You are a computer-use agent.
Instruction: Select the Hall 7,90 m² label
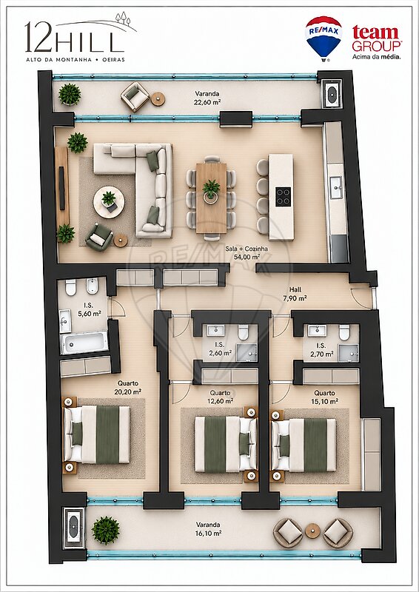295,294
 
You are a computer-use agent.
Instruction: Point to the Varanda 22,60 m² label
207,98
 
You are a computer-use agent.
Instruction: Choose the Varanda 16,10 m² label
208,528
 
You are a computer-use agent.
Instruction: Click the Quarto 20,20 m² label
128,387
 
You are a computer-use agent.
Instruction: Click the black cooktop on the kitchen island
284,197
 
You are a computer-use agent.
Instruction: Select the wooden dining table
211,198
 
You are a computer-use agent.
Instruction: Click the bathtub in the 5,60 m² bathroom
84,343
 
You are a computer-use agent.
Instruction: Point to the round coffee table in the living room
109,202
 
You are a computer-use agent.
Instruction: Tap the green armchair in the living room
99,237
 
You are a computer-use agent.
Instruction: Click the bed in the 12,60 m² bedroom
226,444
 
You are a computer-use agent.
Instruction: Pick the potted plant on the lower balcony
106,530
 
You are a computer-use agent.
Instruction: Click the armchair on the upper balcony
135,97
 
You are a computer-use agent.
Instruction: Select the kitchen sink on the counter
336,188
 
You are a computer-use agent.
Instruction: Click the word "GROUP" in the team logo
377,46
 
